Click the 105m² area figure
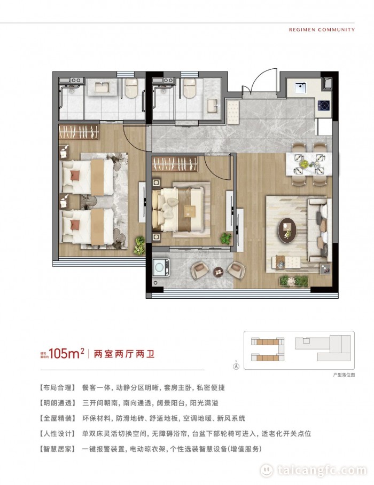[66, 353]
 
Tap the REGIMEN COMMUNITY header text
[322, 30]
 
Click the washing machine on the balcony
[161, 267]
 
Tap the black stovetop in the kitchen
[323, 106]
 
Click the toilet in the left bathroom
[131, 88]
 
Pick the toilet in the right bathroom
[189, 88]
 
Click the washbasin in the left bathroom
[102, 88]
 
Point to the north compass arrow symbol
[236, 366]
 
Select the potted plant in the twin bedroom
[140, 245]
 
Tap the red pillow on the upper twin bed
[75, 176]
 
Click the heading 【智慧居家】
[58, 449]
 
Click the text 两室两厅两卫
[124, 354]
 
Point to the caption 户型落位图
[344, 375]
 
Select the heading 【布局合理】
[58, 387]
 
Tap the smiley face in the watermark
[266, 471]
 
